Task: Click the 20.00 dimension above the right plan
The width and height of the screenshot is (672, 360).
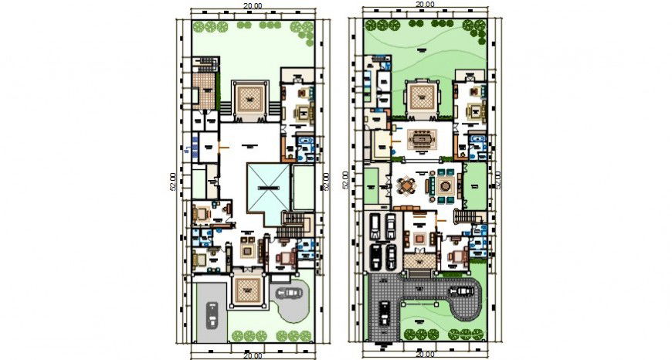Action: coord(424,5)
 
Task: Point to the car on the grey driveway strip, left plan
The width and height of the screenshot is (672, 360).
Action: coord(212,315)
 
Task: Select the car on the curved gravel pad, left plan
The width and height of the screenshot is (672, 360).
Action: coord(288,293)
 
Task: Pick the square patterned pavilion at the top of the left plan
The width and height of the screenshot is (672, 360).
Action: coord(250,98)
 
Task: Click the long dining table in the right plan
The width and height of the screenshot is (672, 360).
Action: coord(422,141)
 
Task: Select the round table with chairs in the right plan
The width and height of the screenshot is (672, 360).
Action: coord(406,186)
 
